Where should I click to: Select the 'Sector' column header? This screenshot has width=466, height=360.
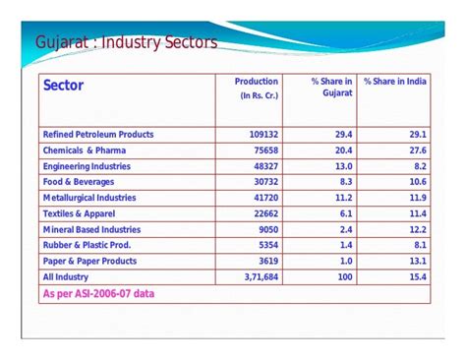coord(64,87)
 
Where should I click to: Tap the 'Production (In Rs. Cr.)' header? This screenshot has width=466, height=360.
coord(257,89)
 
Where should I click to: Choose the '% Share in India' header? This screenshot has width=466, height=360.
coord(395,82)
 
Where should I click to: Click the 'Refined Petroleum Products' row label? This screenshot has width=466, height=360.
coord(98,135)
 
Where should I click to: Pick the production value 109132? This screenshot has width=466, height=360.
coord(260,135)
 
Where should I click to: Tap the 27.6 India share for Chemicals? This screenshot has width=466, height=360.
coord(416,150)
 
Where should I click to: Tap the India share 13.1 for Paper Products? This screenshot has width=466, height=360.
coord(416,262)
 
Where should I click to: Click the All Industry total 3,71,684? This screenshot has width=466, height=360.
coord(257,277)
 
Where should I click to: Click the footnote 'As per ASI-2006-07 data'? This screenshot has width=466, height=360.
coord(98,294)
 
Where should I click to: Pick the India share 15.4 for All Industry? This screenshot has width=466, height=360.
coord(416,277)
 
